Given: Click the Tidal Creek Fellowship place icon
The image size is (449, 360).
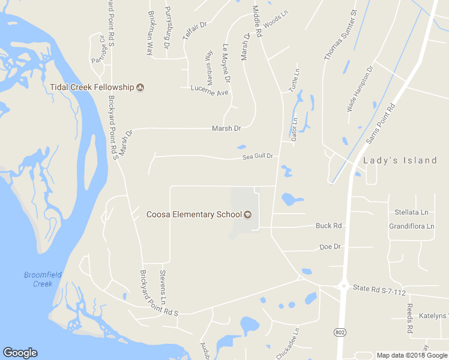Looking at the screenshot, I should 140,87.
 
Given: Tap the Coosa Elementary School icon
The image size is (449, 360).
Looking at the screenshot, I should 247,215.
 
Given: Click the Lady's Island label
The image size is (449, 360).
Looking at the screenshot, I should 400,160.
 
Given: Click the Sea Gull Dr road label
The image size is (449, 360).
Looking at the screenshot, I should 258,157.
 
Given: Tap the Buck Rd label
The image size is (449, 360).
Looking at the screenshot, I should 328,226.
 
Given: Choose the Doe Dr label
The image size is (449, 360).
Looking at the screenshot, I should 330,247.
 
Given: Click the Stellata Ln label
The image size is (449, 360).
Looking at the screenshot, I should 411,212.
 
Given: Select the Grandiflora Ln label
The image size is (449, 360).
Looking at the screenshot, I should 411,226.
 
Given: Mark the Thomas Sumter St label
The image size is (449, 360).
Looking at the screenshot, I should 340,35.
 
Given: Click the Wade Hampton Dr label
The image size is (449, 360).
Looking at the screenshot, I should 360,89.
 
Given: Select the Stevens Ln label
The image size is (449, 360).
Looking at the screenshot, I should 163,286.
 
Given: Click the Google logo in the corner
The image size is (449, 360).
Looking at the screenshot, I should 20,353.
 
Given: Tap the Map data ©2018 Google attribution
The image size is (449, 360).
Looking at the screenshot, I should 411,356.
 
